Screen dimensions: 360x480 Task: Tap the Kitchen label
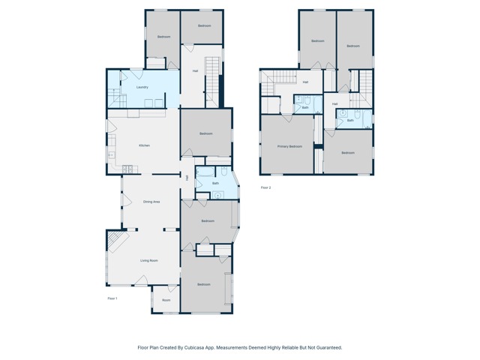(145, 145)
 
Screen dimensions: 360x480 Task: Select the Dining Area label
(151, 202)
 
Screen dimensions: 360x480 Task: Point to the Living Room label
(148, 260)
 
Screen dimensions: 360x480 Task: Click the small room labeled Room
(166, 300)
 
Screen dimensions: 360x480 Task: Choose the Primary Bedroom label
(289, 146)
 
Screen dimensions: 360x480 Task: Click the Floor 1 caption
(112, 298)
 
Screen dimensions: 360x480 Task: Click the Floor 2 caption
(265, 187)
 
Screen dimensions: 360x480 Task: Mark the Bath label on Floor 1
(215, 183)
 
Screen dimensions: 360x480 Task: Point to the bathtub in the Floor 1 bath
(206, 172)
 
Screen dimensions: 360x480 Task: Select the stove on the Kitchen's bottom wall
(127, 169)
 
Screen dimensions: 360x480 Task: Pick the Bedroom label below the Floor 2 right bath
(348, 153)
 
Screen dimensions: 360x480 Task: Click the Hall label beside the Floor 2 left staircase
(305, 82)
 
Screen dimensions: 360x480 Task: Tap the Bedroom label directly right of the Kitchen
(206, 133)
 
